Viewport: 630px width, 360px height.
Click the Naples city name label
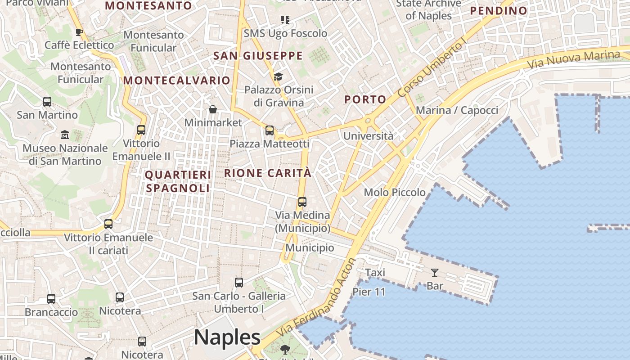[227, 337]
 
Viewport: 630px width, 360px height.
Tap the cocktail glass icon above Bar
[434, 272]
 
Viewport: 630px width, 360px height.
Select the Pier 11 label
[369, 292]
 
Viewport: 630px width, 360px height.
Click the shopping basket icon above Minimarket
[213, 109]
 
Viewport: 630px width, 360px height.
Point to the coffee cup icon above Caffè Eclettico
[79, 32]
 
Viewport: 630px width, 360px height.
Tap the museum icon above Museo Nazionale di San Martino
[65, 135]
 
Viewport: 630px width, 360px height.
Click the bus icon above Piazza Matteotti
[270, 130]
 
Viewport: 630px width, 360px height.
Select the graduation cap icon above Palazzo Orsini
[278, 76]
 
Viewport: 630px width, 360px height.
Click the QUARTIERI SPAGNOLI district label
[178, 181]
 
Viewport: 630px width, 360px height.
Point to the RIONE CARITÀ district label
[268, 173]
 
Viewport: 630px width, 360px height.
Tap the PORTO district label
[365, 99]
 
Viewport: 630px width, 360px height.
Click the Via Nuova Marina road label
[573, 60]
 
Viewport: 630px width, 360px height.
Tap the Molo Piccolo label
[395, 193]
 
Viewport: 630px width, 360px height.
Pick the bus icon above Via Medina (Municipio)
[302, 202]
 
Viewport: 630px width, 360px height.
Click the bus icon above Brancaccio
[51, 299]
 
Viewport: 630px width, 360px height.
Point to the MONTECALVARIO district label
[177, 81]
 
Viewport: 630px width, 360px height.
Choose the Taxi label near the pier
[375, 273]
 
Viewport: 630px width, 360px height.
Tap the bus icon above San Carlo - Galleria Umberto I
[239, 283]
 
